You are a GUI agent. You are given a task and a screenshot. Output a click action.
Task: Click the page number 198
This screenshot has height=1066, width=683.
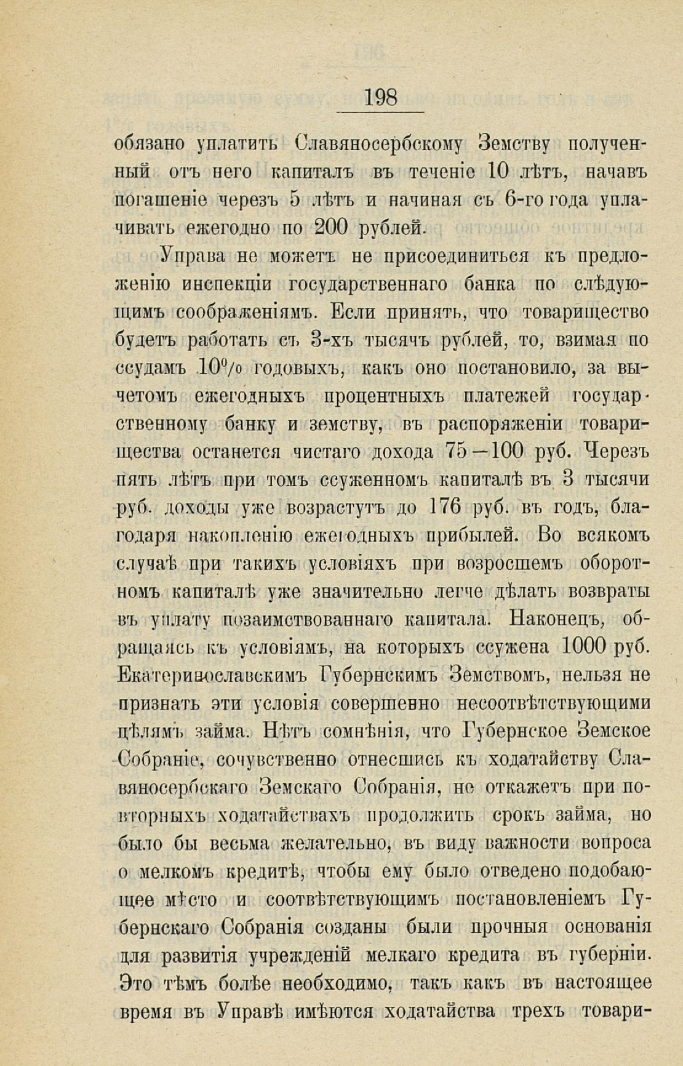pos(381,97)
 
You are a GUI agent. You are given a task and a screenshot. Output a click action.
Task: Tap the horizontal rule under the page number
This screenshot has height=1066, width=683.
pos(381,112)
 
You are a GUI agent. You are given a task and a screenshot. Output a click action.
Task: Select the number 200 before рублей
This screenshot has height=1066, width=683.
pos(332,228)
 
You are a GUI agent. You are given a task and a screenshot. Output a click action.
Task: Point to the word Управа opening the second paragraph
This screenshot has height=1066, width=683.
pos(191,256)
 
